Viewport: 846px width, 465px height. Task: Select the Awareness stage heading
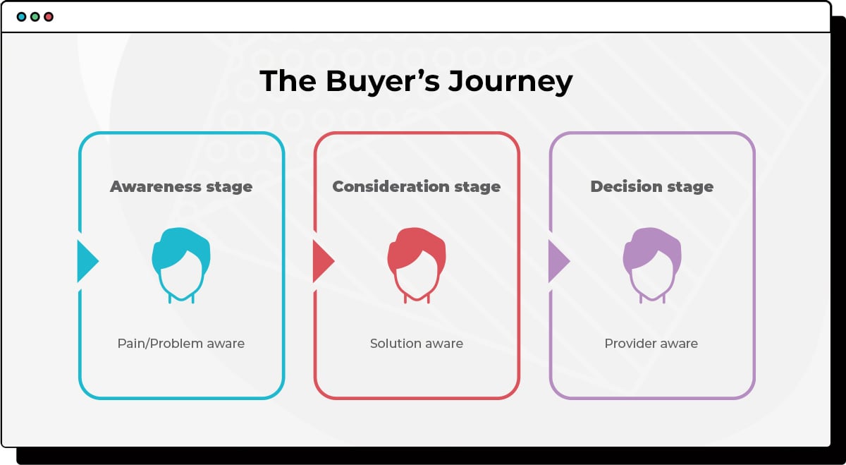[181, 187]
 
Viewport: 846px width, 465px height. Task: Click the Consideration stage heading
[417, 187]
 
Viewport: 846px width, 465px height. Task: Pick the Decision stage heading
[652, 187]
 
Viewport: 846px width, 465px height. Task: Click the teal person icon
[181, 265]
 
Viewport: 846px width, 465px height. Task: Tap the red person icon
[417, 265]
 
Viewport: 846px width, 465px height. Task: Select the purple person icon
[652, 265]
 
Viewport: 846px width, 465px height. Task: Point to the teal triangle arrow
[86, 261]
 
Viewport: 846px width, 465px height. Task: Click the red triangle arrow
[321, 261]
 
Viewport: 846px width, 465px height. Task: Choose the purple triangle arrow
[557, 261]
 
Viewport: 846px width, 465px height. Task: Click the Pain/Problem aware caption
[181, 344]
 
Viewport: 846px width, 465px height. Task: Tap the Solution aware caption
[417, 344]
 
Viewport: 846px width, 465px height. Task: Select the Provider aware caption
[651, 344]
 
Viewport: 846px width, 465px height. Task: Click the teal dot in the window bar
[21, 16]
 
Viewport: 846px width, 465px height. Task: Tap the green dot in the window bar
[35, 16]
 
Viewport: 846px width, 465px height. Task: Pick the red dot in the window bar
[49, 16]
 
